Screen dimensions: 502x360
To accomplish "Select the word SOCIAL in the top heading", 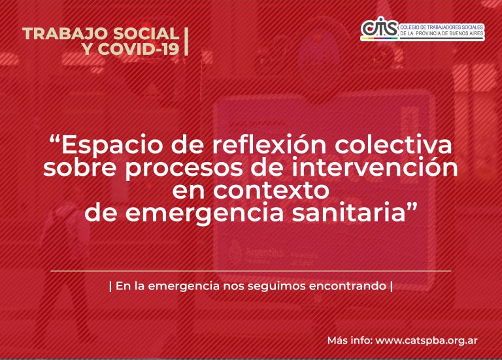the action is point(146,33).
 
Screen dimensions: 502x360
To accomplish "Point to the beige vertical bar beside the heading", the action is point(186,41).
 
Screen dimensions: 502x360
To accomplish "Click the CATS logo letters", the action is point(380,29).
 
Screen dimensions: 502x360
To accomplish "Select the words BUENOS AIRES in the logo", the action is point(463,33).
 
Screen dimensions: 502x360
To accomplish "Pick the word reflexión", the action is point(269,145).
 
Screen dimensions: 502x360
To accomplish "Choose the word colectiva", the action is point(393,145).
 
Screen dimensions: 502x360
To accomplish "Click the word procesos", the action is point(184,169).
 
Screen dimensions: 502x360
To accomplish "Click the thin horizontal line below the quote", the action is point(251,270).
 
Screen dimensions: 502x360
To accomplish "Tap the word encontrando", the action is point(348,286).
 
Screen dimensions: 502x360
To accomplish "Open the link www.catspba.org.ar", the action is point(426,340).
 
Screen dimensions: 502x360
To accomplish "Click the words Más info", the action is point(350,340).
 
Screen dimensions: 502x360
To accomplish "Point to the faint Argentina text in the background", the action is point(264,252).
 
